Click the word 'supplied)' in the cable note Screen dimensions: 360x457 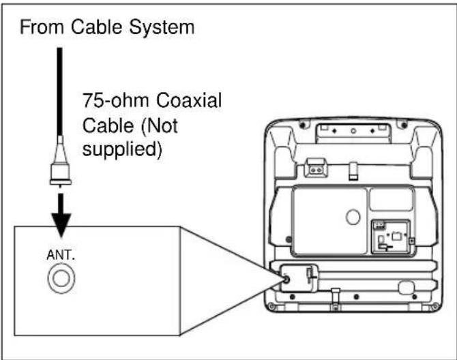click(x=121, y=149)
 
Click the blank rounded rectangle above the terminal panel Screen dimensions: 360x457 click(x=391, y=199)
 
